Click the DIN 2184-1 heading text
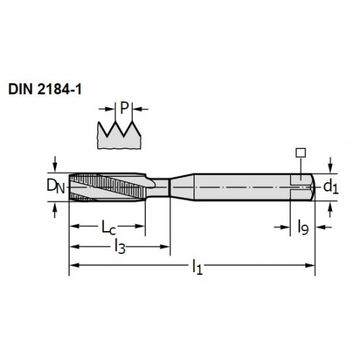(x=45, y=89)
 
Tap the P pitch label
(x=124, y=108)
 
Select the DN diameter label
(x=55, y=186)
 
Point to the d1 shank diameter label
(x=330, y=187)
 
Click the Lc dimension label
(x=109, y=228)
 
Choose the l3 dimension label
(x=120, y=247)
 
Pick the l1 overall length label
(x=197, y=267)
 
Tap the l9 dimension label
(x=303, y=228)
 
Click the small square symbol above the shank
(x=301, y=153)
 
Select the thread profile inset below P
(x=119, y=135)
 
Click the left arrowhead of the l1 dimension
(x=74, y=265)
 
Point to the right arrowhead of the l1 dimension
(x=310, y=265)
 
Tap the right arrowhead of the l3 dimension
(x=165, y=246)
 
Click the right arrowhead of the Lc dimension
(x=140, y=226)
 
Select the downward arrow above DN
(x=55, y=164)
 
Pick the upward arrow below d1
(x=330, y=210)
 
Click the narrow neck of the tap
(x=161, y=187)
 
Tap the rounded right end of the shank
(x=312, y=187)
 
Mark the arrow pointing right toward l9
(x=282, y=227)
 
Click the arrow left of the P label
(x=107, y=109)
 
